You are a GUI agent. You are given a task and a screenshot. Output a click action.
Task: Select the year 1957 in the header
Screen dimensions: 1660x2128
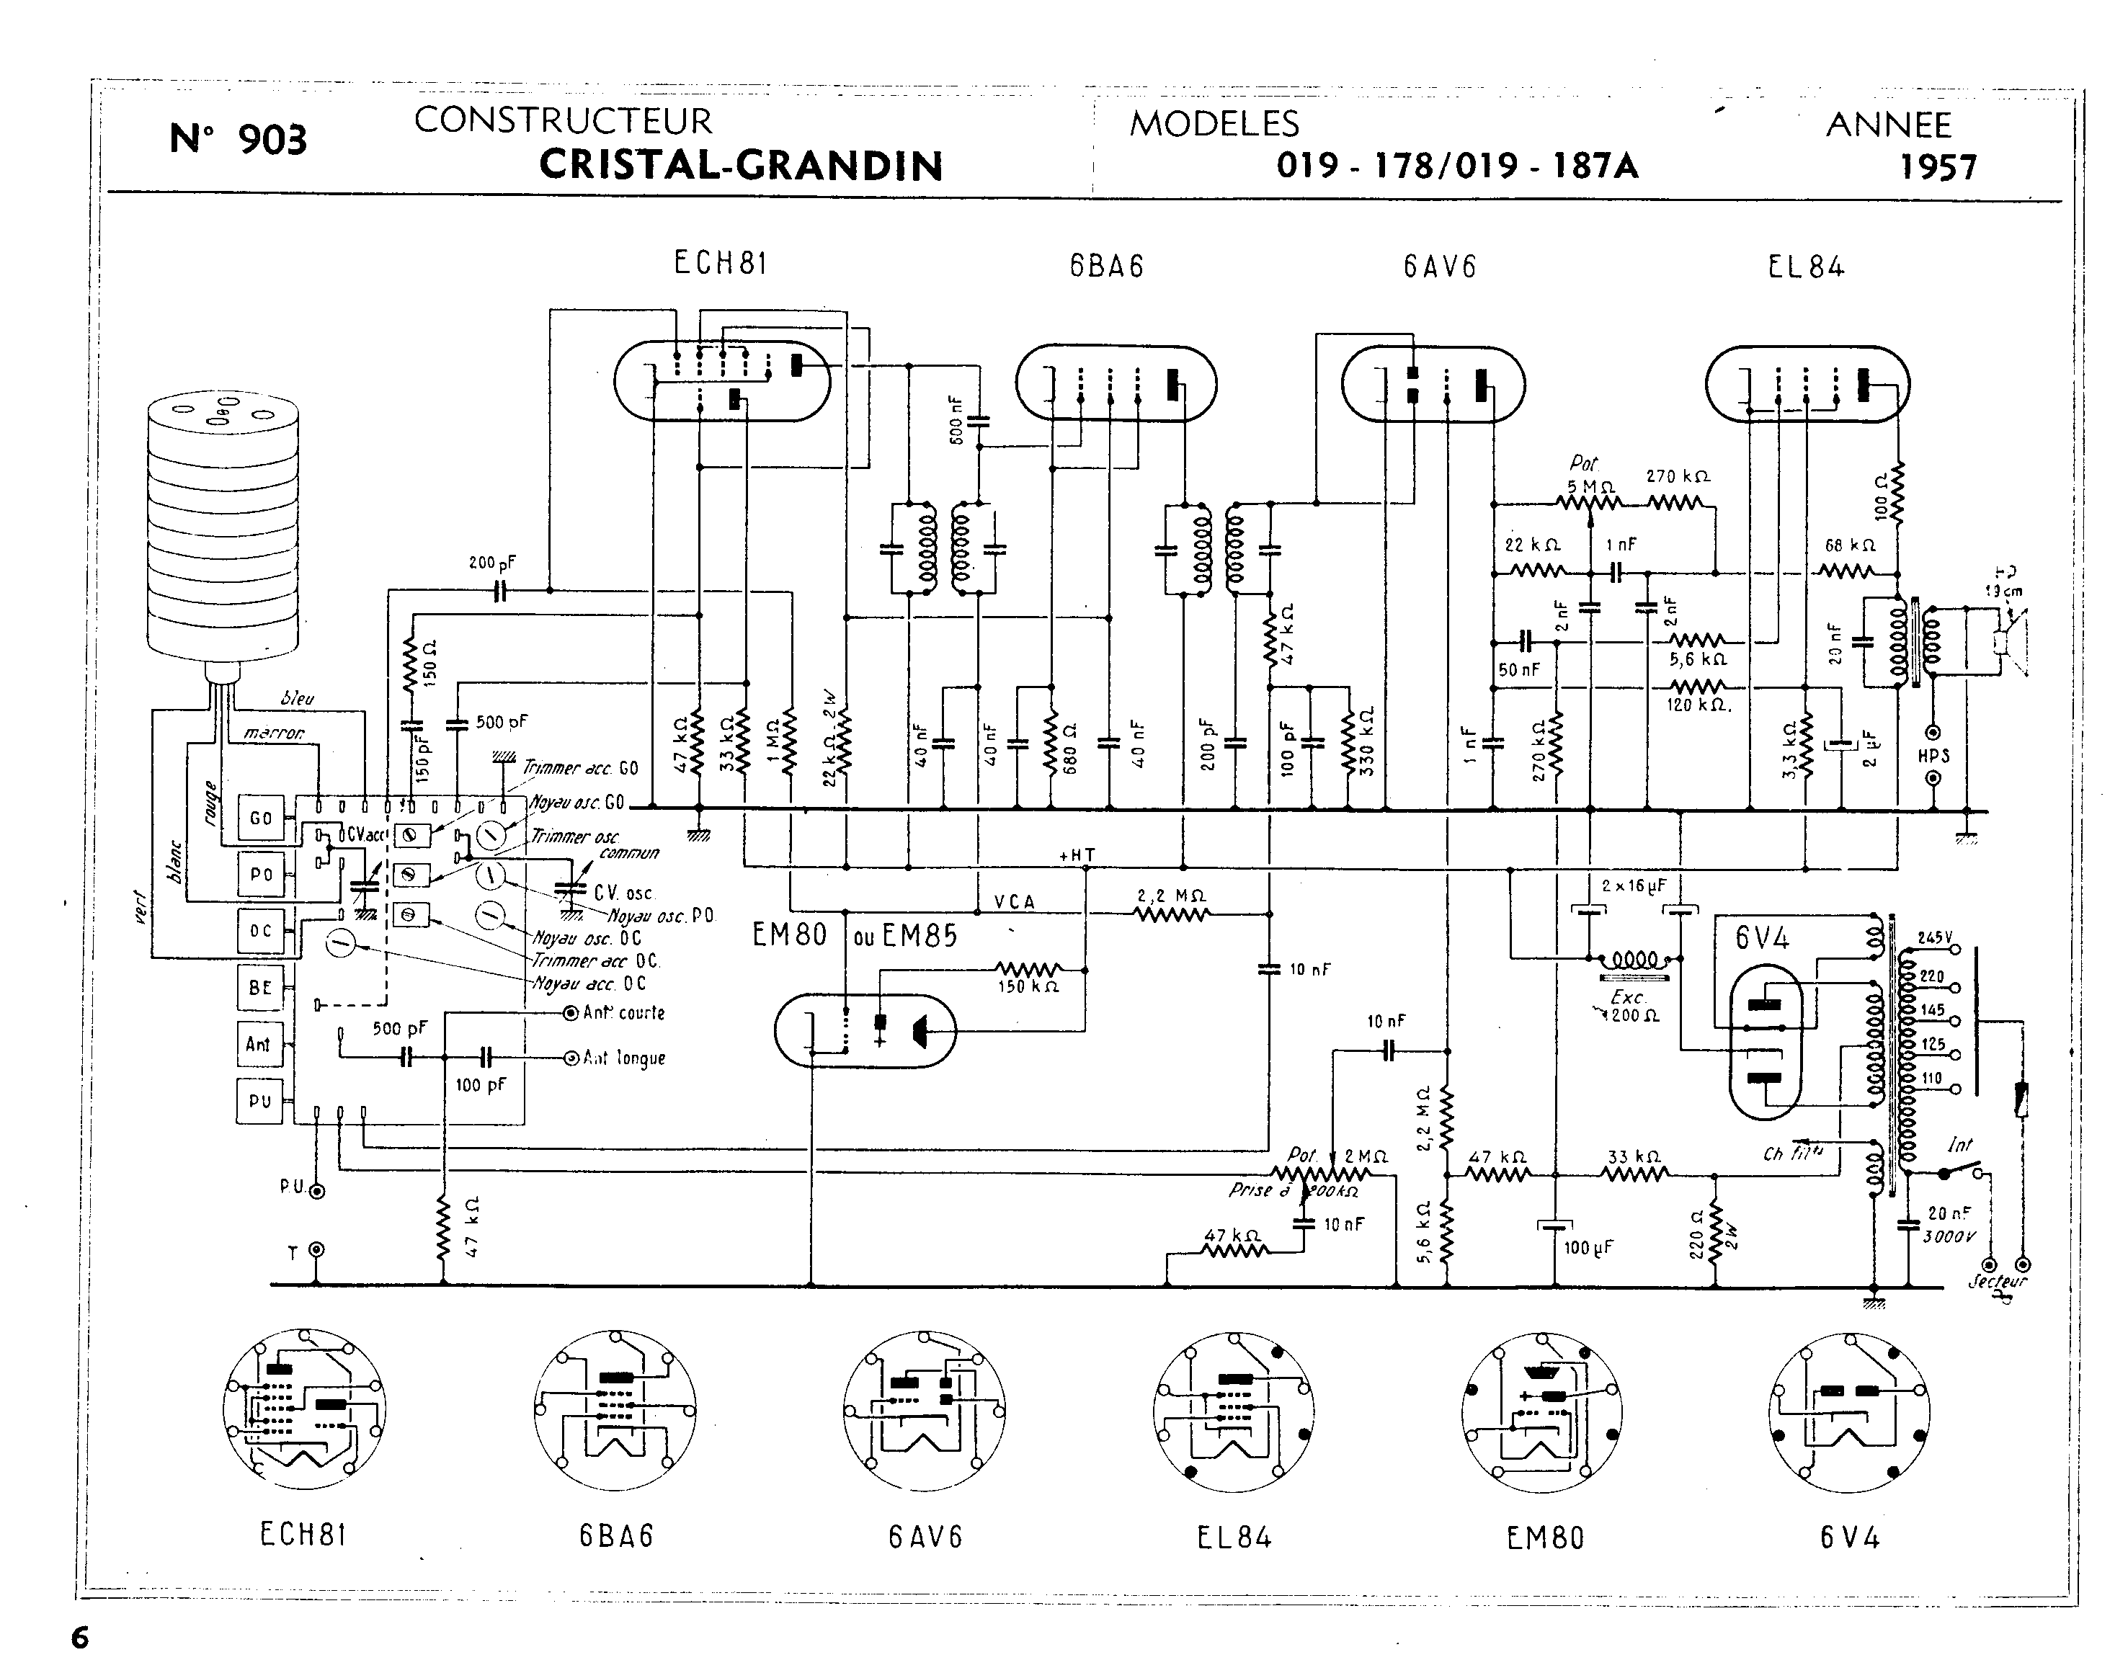click(1938, 168)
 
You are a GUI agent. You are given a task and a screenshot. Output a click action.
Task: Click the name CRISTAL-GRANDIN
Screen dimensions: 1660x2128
click(741, 166)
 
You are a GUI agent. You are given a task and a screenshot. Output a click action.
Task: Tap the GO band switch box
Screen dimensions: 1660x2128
click(260, 818)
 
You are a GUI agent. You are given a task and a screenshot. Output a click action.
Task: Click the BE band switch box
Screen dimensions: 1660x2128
click(260, 987)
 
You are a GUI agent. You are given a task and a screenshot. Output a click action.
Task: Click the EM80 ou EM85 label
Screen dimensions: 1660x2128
click(855, 935)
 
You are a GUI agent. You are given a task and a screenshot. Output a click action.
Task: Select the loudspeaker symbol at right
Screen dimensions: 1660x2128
click(2009, 643)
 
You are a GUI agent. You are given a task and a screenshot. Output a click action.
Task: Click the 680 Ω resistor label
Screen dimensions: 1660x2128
click(1071, 748)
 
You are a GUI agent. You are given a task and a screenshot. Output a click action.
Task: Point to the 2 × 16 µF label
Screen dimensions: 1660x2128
click(1634, 886)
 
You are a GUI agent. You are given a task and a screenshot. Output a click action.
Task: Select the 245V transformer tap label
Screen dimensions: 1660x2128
click(1935, 938)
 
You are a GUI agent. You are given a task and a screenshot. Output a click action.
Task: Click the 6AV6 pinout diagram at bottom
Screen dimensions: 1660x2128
click(924, 1411)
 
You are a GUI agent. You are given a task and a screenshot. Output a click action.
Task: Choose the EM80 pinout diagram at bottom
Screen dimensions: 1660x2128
click(1542, 1411)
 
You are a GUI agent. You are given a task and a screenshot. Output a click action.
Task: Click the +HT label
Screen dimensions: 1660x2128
click(1077, 855)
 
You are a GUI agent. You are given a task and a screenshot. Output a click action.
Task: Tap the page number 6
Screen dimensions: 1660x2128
click(80, 1638)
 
